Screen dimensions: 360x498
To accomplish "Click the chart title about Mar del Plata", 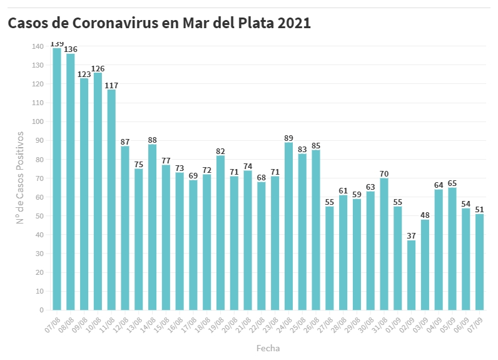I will pos(159,23).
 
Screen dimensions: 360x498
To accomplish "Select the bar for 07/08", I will pos(57,179).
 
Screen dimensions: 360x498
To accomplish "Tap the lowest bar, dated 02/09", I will pos(411,275).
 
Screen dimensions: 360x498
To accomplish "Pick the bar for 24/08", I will pos(288,226).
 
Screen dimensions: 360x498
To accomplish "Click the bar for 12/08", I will pos(125,228).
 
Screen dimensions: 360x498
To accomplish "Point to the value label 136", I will pos(71,49).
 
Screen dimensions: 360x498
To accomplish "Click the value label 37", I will pos(411,236).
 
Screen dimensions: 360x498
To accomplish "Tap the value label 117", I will pos(111,85).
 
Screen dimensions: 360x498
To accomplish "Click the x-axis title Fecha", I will pos(268,348).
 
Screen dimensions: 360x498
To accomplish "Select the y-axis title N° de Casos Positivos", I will pos(20,178).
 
